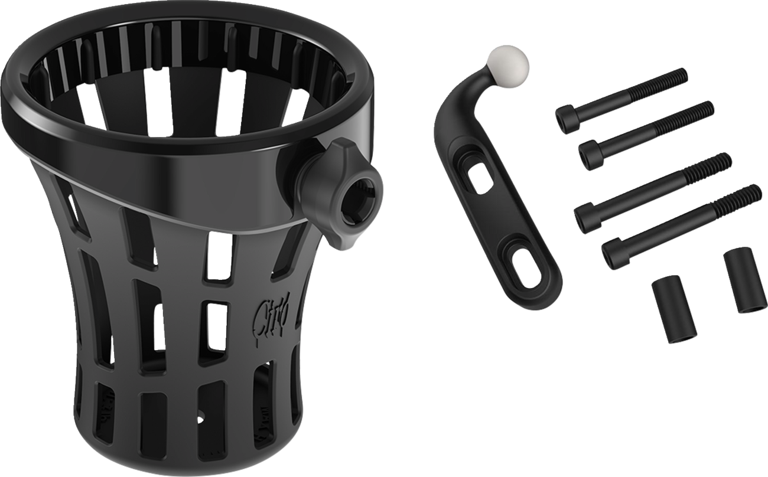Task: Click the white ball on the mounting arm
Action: pos(507,61)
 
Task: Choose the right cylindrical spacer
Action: pos(745,281)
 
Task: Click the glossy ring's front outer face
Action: pos(195,159)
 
